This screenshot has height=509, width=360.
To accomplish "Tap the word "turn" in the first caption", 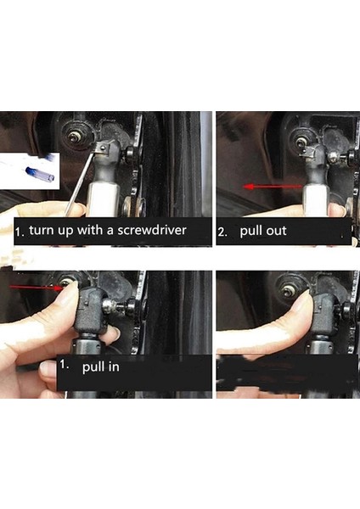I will [x=42, y=230].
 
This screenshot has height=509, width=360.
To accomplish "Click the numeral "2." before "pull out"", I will [x=222, y=231].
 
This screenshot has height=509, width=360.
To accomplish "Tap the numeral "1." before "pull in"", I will [x=65, y=366].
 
